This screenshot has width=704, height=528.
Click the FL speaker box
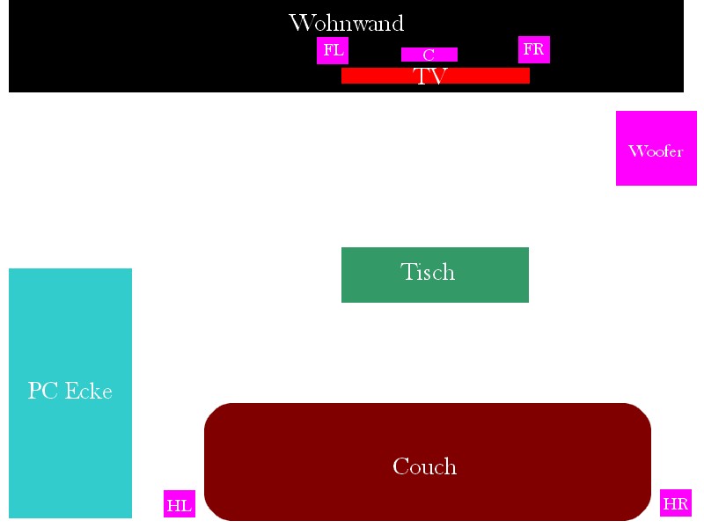333,51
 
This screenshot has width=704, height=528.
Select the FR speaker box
534,50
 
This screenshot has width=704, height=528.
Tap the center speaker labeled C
429,55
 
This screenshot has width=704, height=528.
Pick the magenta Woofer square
656,148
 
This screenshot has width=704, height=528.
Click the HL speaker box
180,504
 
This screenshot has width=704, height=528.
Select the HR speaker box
676,503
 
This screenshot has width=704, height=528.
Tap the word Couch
425,466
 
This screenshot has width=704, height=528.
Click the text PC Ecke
70,391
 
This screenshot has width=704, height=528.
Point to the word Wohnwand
346,23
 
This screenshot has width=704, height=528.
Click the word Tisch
428,272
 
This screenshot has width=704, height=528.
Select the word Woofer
656,151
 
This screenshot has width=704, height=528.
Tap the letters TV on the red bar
431,77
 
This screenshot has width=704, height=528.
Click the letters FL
333,50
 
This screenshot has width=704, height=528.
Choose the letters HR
676,504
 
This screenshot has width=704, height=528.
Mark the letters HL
180,505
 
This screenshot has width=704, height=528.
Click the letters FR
534,49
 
